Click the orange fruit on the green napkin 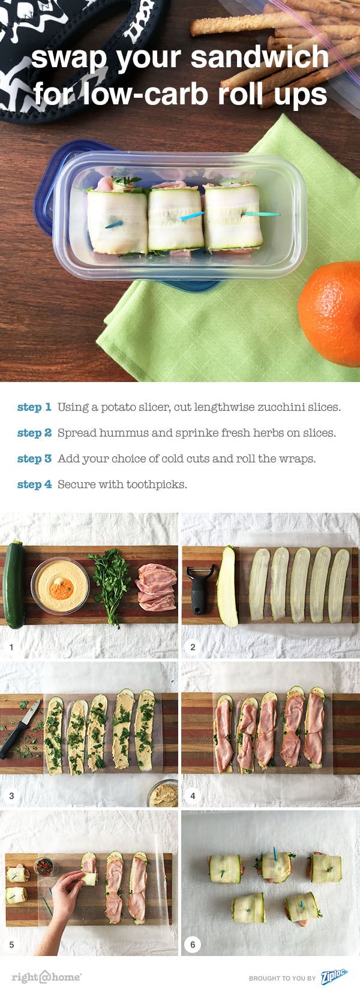[330, 313]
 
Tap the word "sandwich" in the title [260, 58]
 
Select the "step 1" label [34, 407]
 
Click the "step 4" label [34, 484]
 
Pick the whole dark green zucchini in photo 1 [14, 585]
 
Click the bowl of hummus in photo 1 [60, 585]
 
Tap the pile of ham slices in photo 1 [156, 587]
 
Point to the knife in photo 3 [20, 728]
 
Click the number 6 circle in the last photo [193, 944]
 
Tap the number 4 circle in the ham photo [193, 795]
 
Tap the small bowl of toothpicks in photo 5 [44, 866]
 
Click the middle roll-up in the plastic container [176, 218]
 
